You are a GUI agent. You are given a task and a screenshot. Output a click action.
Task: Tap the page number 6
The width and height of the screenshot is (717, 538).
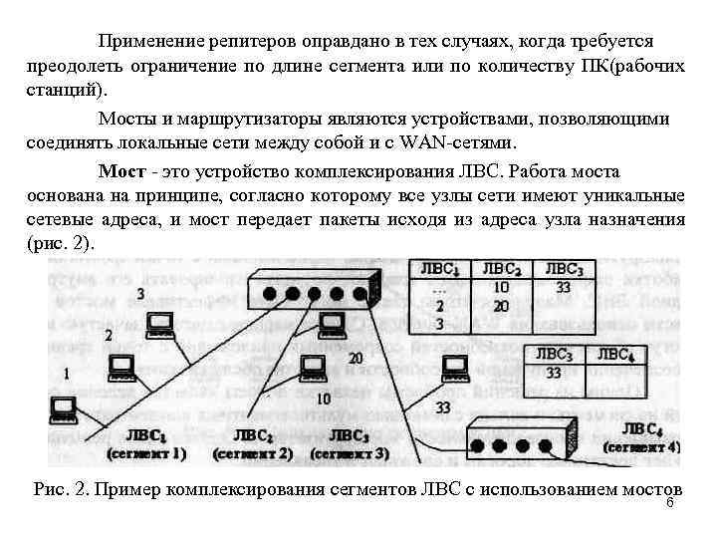click(x=669, y=503)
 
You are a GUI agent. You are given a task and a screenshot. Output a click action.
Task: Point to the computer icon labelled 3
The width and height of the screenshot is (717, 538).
click(x=159, y=324)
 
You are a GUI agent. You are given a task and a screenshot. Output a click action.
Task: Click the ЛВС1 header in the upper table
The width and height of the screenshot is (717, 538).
click(x=440, y=268)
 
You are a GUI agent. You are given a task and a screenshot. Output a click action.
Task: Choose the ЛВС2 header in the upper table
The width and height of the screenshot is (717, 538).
click(x=502, y=268)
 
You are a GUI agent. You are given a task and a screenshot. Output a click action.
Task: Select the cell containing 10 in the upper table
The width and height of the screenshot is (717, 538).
click(x=501, y=287)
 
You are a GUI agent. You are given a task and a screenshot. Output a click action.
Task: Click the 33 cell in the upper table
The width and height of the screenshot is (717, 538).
click(x=563, y=287)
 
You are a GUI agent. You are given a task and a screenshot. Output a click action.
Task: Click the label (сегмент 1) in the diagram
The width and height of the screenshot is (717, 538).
click(x=145, y=454)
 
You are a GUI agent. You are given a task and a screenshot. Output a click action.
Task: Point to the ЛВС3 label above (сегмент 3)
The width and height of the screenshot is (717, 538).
click(x=348, y=435)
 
